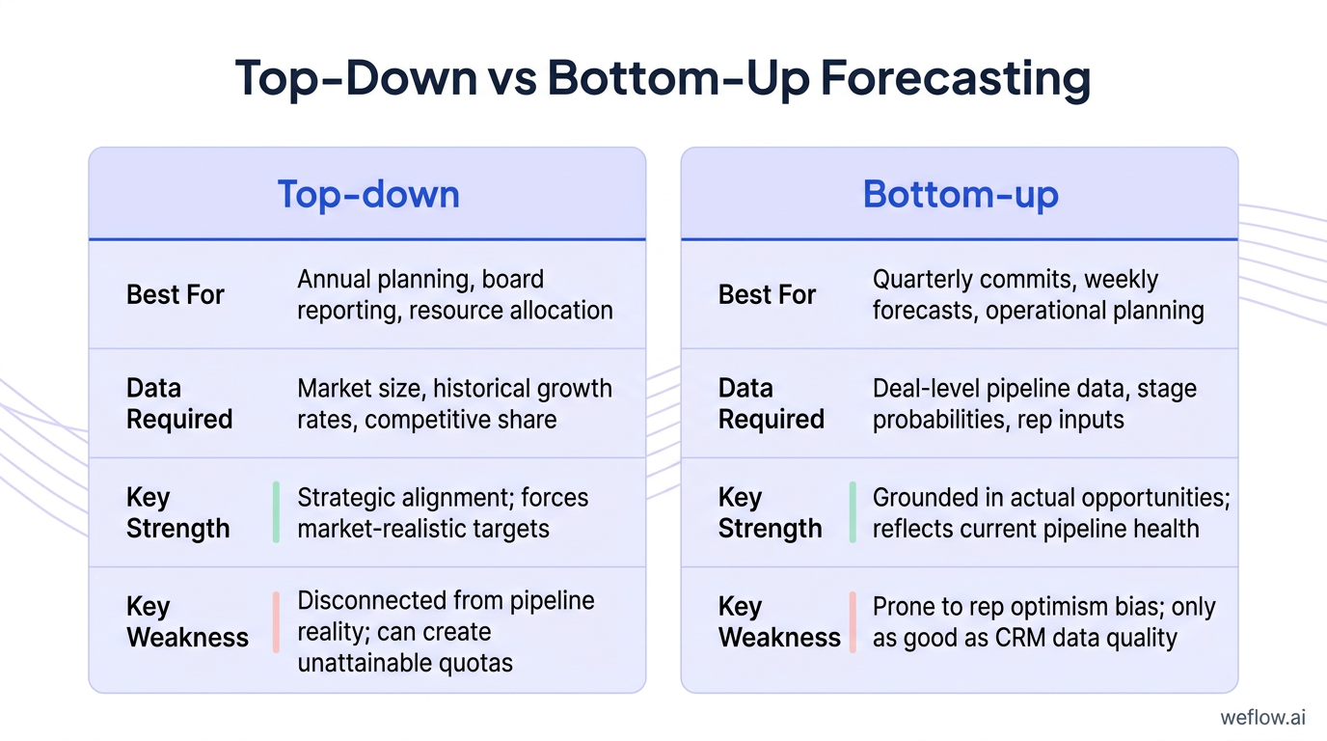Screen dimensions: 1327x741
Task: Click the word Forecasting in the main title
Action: (x=955, y=79)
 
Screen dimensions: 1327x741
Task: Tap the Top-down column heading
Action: (x=368, y=194)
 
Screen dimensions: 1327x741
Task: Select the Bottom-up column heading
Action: (x=961, y=194)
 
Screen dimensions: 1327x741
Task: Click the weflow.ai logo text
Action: (x=1262, y=717)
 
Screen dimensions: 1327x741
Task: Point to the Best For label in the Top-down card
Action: (x=176, y=294)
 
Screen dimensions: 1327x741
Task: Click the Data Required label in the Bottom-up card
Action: (x=772, y=403)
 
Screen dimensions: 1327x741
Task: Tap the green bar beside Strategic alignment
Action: (x=276, y=512)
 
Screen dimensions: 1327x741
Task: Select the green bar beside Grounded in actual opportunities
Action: (x=853, y=512)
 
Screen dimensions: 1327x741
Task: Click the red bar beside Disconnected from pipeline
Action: (x=276, y=622)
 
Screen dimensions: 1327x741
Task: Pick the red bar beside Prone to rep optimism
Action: (x=853, y=622)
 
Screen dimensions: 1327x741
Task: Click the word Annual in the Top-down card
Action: (x=334, y=280)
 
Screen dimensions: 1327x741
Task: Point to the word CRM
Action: (x=1020, y=638)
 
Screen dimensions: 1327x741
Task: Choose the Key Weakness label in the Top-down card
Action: (x=187, y=622)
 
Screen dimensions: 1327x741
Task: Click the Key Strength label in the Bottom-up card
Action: (x=771, y=512)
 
